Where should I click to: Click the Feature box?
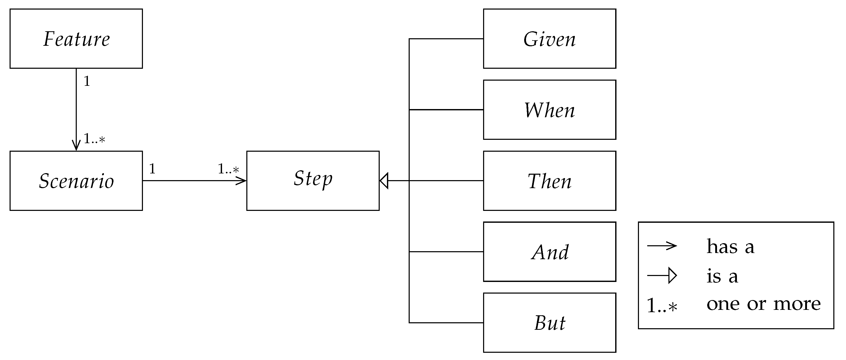(x=76, y=39)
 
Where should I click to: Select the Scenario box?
(x=76, y=181)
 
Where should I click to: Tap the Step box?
(x=313, y=181)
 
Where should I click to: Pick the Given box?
(x=550, y=39)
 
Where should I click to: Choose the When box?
(x=550, y=110)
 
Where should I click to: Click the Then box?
(x=550, y=181)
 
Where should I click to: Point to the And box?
(x=550, y=252)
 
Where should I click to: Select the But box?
(x=550, y=323)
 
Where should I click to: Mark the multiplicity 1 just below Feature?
(x=87, y=81)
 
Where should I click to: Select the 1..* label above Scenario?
(x=94, y=139)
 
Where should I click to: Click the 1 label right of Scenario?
(x=152, y=169)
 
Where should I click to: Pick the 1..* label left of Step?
(x=228, y=169)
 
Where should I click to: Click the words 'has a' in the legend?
(x=730, y=246)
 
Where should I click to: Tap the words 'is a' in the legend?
(x=722, y=276)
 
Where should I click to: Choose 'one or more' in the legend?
(x=763, y=304)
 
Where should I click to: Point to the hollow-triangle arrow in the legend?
(x=662, y=275)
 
